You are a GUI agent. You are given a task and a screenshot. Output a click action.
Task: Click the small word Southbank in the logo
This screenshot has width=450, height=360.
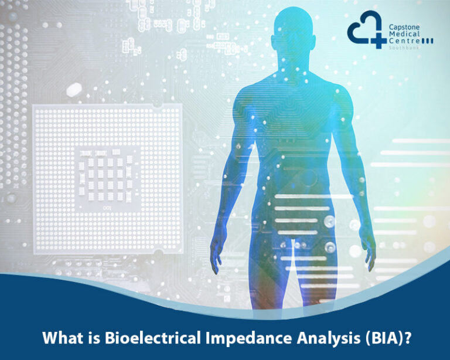(x=402, y=49)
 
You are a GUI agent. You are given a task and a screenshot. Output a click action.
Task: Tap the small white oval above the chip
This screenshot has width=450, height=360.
(x=74, y=90)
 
